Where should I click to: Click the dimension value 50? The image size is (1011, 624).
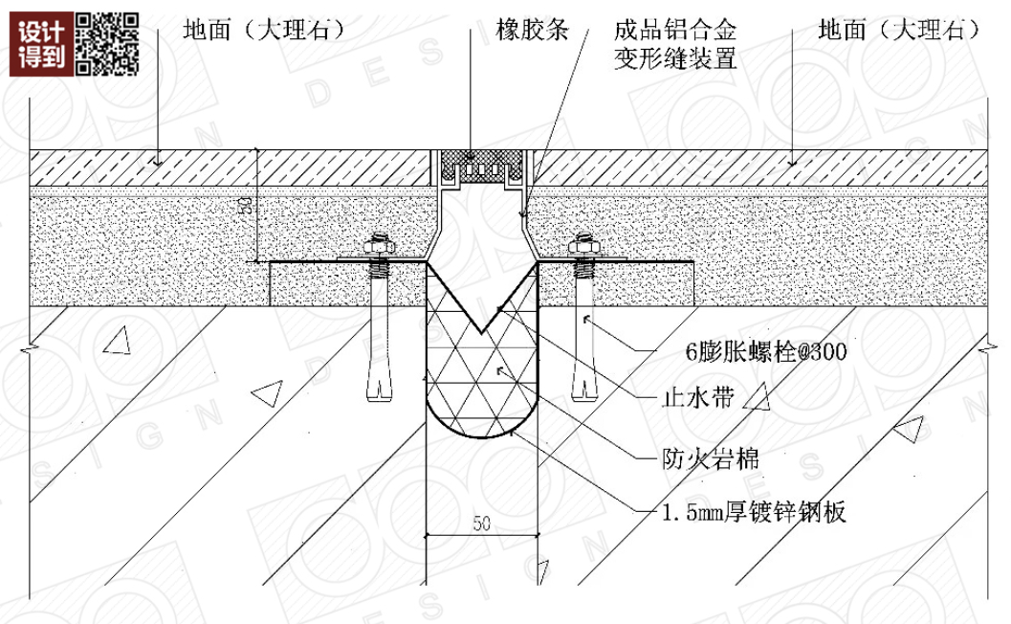[481, 524]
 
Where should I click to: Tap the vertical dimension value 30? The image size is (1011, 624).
[246, 206]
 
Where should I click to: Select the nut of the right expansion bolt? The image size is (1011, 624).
[582, 246]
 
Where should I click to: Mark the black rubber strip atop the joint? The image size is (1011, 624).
[482, 155]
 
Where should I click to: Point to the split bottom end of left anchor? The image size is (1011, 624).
[380, 391]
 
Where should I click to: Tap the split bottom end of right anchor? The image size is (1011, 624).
[582, 391]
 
